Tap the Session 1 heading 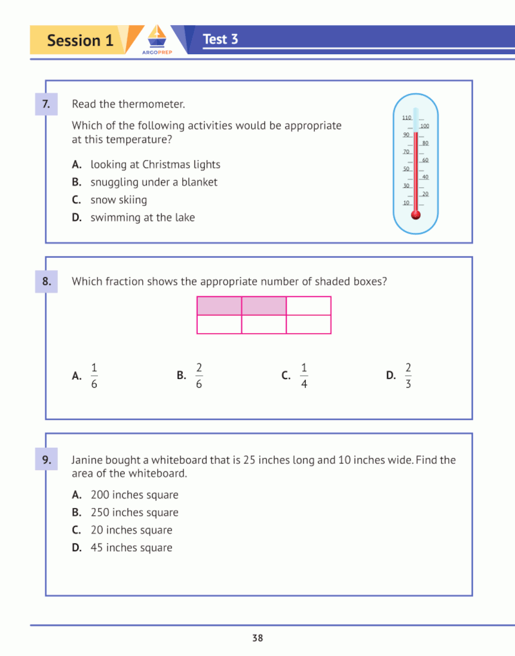point(80,41)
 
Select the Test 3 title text point(220,39)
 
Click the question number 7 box point(46,104)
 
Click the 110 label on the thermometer point(406,118)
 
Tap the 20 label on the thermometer point(425,194)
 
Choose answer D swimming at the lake point(142,217)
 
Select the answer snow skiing point(118,200)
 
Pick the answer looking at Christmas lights point(155,165)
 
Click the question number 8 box point(46,281)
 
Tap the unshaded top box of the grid point(308,306)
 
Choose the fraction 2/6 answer point(199,376)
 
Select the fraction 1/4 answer point(304,376)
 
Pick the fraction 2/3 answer point(408,376)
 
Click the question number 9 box point(46,460)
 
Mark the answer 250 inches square point(135,513)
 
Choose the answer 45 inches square point(131,548)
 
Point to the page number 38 point(257,639)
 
